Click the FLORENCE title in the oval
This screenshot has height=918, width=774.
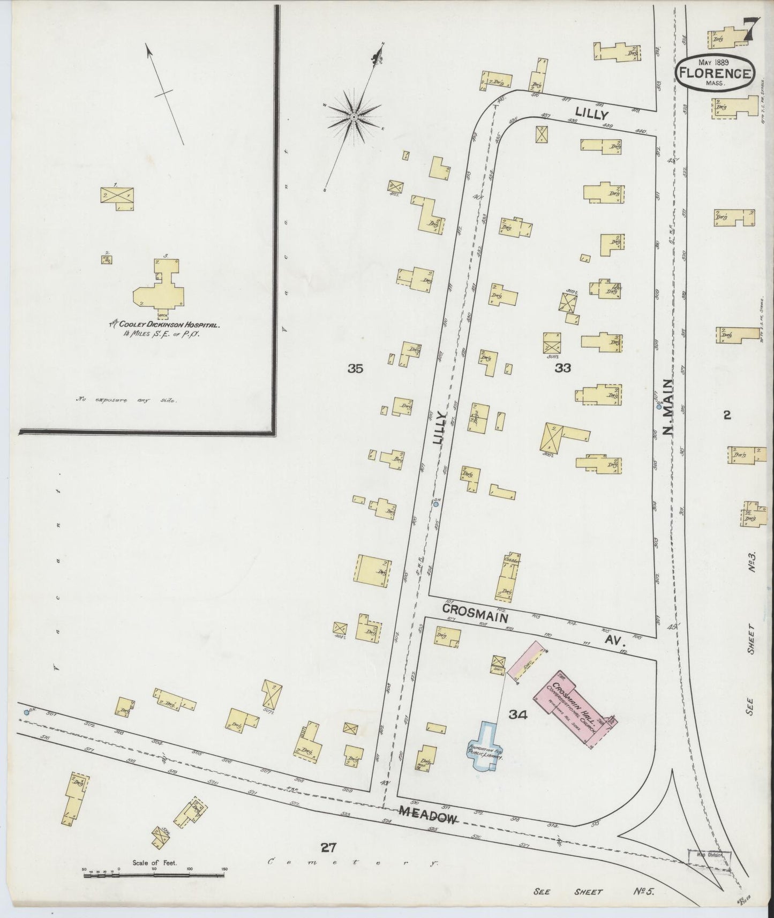[x=715, y=74]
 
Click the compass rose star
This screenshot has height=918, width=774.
[x=354, y=116]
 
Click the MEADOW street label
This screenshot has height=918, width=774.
[x=429, y=816]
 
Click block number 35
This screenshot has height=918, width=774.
[x=355, y=368]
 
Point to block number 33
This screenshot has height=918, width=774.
[x=563, y=368]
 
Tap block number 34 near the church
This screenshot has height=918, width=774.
[x=519, y=714]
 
